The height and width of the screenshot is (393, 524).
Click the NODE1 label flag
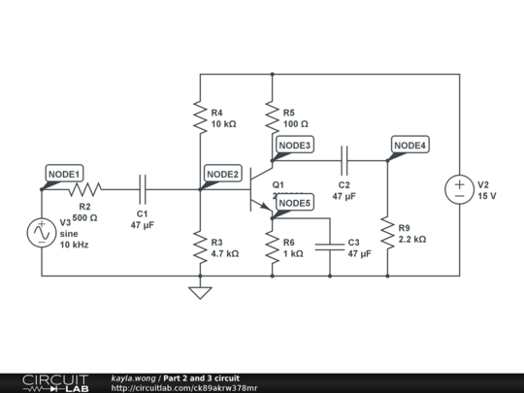[64, 172]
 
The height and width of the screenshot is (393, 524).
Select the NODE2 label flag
[222, 174]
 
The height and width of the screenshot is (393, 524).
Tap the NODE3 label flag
[294, 146]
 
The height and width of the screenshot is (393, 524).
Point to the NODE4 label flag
[409, 146]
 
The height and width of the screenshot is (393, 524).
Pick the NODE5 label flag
[294, 203]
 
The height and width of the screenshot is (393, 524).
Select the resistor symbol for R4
[200, 117]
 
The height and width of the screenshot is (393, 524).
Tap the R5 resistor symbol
[273, 117]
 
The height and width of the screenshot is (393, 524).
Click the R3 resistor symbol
[200, 247]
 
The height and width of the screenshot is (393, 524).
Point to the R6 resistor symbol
[273, 247]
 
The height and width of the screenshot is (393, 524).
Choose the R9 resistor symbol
[388, 233]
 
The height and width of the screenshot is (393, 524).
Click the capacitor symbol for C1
[142, 189]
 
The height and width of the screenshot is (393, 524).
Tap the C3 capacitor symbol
[330, 247]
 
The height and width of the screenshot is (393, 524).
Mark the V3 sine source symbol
[43, 233]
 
